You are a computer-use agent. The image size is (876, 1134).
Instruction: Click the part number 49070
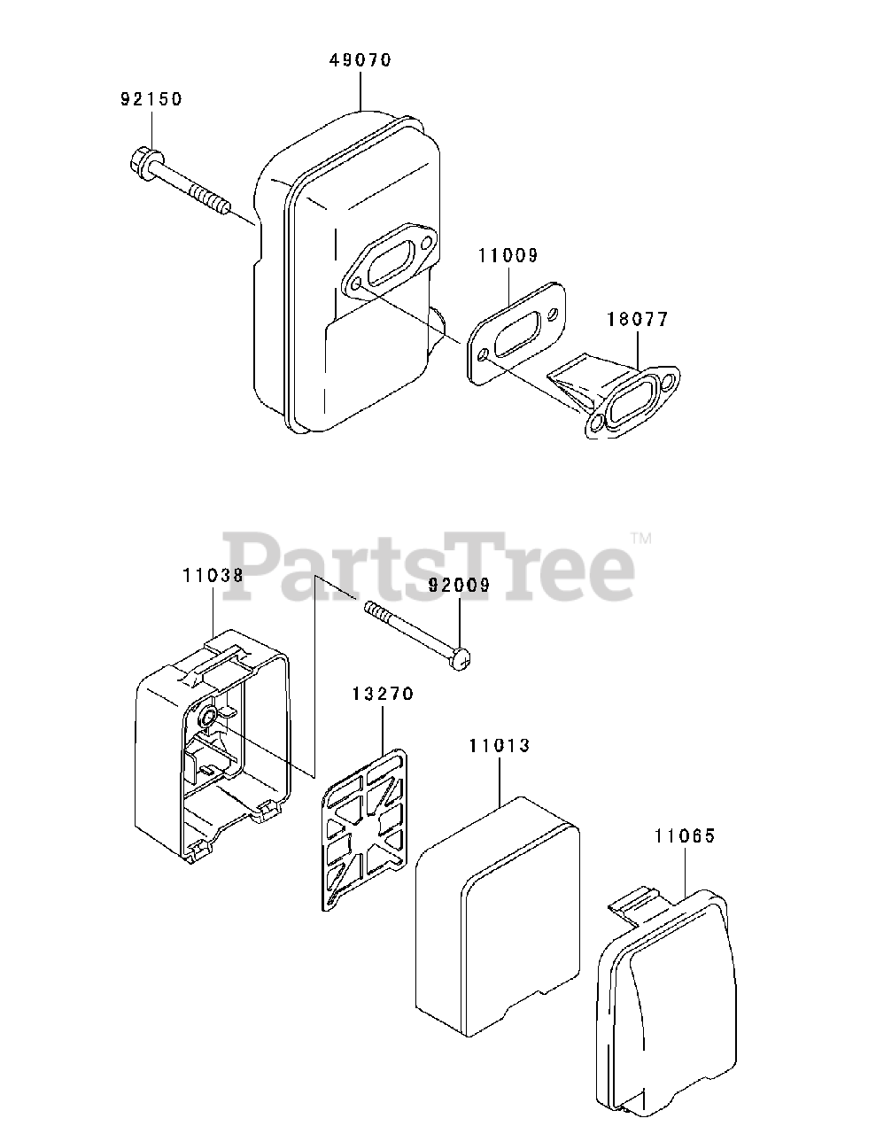coord(360,60)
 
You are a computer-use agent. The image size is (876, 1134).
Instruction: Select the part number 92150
coord(151,99)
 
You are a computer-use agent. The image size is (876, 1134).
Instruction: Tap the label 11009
coord(508,256)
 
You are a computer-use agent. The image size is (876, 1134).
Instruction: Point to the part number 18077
coord(638,319)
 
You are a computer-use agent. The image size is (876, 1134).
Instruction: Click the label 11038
coord(213,574)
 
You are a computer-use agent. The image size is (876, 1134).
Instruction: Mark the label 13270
coord(384,694)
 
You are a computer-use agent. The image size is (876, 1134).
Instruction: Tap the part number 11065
coord(685,835)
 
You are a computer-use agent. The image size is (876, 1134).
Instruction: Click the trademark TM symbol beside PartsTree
coord(641,538)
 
